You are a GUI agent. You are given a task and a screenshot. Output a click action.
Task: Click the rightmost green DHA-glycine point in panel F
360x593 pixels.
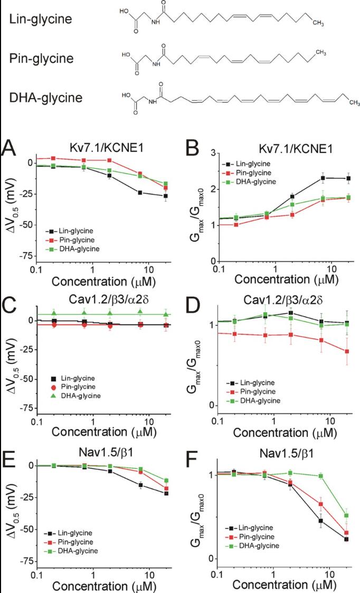tap(346, 515)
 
